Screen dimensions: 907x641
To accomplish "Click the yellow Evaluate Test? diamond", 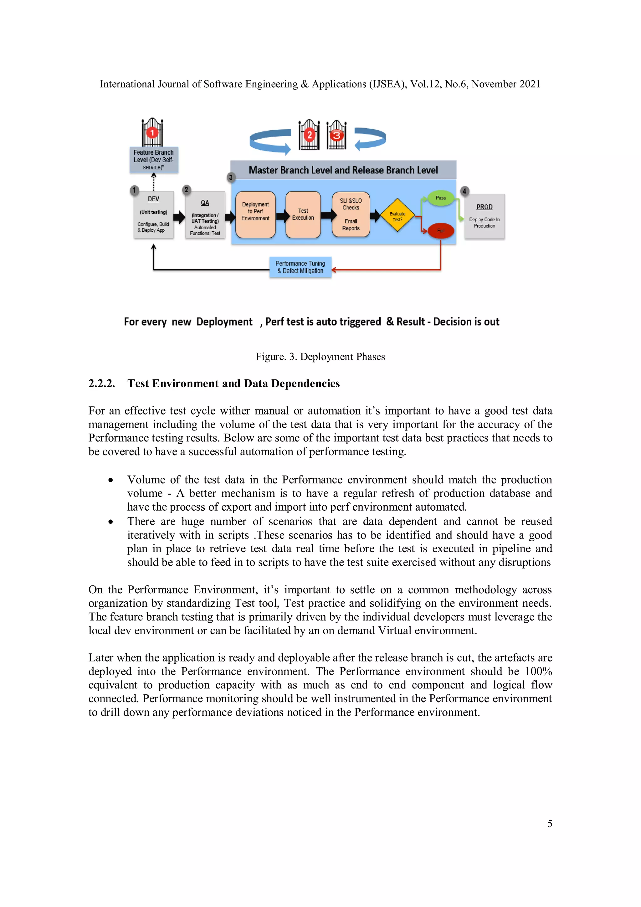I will tap(397, 216).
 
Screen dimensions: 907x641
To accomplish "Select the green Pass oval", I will tap(440, 198).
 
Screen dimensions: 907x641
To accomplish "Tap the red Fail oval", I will tap(440, 231).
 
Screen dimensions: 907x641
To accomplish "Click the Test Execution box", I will tap(303, 214).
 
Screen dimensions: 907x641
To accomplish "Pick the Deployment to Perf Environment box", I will tap(255, 214).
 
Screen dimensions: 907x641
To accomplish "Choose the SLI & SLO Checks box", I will tap(351, 214).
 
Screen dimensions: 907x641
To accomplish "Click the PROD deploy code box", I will tap(484, 216).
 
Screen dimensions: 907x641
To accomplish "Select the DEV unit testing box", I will tap(153, 215).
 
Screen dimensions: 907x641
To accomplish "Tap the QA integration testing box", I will tap(205, 215).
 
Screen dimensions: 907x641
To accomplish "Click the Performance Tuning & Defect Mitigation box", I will tap(300, 267).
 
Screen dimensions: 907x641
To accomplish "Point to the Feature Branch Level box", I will tap(154, 160).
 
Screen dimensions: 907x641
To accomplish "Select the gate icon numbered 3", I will tap(336, 135).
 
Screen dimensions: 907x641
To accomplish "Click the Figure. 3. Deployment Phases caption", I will tap(320, 357).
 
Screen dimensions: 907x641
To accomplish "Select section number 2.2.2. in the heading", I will tap(101, 384).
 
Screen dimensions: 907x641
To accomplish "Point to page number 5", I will tap(549, 824).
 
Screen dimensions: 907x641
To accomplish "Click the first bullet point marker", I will tap(110, 480).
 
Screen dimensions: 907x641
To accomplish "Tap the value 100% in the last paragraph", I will tap(538, 672).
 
